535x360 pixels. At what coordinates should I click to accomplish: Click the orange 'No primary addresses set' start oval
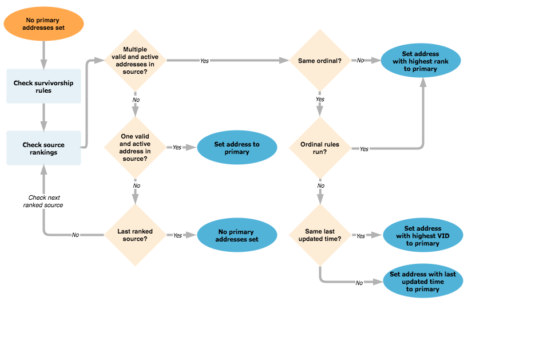coord(43,24)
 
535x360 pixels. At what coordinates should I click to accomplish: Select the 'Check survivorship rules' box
coord(43,86)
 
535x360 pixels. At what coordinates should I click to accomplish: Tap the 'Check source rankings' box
coord(43,148)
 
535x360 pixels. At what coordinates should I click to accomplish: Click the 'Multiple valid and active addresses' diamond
coord(135,60)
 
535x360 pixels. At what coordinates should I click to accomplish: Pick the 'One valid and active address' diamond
coord(135,147)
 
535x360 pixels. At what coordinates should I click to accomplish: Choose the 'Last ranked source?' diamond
coord(135,235)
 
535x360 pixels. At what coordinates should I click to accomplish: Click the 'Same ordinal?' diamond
coord(320,60)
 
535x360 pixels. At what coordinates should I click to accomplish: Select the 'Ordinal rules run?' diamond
coord(320,148)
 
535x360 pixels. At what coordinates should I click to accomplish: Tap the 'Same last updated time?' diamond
coord(320,235)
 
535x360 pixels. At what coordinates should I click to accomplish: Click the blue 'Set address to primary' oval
coord(237,148)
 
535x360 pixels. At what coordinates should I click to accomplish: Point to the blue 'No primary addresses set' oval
coord(237,235)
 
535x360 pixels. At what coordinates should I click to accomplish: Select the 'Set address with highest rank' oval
coord(421,61)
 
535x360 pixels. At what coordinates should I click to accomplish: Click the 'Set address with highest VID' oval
coord(422,235)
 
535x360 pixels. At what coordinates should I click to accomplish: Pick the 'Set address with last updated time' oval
coord(423,282)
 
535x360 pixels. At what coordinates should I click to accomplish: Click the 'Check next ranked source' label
coord(43,201)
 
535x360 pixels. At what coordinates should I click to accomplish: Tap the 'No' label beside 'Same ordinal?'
coord(360,60)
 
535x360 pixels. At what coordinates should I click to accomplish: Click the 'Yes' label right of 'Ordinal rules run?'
coord(364,149)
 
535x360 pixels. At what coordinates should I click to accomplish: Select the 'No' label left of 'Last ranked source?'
coord(76,235)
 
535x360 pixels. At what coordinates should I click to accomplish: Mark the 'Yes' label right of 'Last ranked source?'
coord(177,235)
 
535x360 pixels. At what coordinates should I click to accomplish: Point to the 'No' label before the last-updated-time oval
coord(359,283)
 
